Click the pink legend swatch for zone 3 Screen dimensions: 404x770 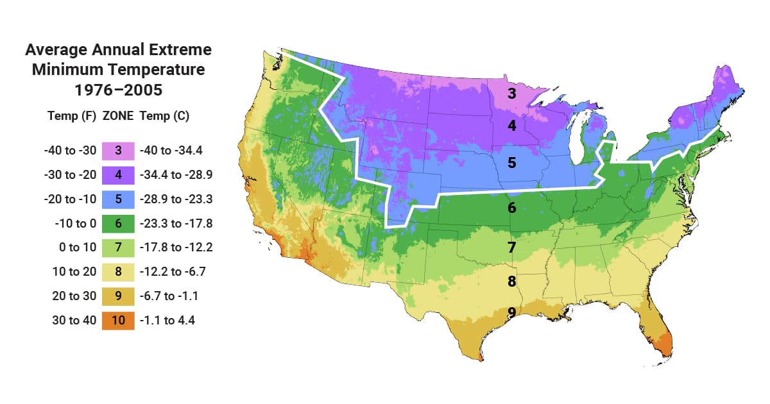(118, 151)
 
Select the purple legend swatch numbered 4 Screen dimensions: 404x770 (118, 175)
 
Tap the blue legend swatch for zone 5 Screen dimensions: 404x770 (118, 199)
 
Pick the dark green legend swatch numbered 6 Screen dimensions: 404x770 (118, 224)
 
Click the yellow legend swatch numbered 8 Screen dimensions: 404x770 (118, 272)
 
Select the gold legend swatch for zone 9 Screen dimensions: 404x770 (118, 296)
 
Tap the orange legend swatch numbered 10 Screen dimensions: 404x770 (118, 321)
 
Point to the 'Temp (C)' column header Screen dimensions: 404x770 (164, 117)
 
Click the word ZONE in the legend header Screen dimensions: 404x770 (118, 117)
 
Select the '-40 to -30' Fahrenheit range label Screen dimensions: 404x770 (70, 151)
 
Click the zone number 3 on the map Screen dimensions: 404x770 (511, 94)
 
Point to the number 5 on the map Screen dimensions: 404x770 (511, 163)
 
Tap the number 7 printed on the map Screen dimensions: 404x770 (511, 247)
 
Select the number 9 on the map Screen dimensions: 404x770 (511, 312)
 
